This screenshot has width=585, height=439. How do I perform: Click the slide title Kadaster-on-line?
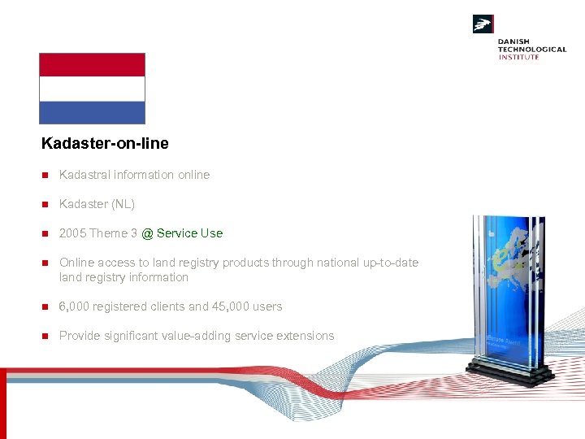105,144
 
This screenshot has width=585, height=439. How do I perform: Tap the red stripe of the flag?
92,65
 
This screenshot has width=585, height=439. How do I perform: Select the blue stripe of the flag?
92,112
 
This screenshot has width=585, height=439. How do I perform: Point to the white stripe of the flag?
92,89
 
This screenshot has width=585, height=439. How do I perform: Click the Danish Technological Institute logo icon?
483,24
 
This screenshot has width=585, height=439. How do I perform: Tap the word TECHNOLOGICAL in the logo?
532,50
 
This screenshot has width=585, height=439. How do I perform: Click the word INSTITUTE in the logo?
518,57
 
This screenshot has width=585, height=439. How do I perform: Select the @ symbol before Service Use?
147,233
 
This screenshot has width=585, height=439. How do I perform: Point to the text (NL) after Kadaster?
123,204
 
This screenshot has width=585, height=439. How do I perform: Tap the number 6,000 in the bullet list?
76,306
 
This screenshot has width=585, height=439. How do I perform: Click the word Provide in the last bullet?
80,336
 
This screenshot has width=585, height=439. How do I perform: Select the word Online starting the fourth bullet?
76,263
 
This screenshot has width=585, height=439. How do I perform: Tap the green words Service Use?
189,233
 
